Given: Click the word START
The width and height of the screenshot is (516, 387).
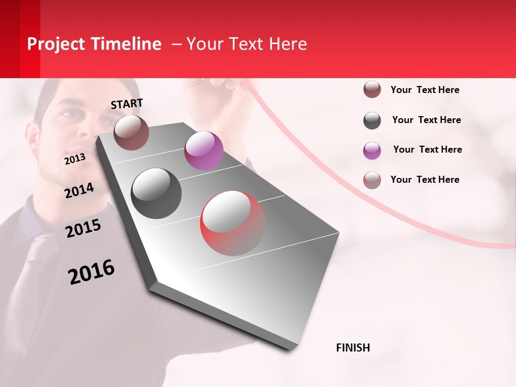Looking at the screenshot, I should click(x=127, y=104).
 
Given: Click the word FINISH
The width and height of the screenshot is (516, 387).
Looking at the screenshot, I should click(x=353, y=348).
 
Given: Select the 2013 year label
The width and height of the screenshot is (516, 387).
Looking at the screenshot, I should click(x=75, y=159).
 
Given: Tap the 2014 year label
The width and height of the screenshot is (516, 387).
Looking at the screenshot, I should click(x=79, y=190).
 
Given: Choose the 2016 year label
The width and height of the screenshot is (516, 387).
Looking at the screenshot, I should click(x=91, y=272).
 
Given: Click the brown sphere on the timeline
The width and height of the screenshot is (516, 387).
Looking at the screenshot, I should click(x=131, y=132).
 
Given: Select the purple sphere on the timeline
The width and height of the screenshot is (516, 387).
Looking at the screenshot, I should click(x=204, y=150).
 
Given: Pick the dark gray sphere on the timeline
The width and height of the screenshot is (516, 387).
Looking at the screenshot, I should click(x=156, y=193).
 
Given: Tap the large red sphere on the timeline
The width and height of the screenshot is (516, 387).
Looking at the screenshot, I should click(x=232, y=223).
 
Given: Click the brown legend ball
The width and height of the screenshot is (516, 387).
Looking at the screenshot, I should click(x=372, y=90).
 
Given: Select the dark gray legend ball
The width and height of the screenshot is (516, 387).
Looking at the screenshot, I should click(x=372, y=120).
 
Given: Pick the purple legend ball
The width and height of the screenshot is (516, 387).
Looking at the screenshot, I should click(x=372, y=150).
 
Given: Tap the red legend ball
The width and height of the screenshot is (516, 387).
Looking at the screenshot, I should click(x=372, y=180).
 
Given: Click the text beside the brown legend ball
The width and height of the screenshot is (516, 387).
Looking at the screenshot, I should click(x=425, y=90).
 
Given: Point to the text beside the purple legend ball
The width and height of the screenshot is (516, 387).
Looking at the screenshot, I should click(x=427, y=149).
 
